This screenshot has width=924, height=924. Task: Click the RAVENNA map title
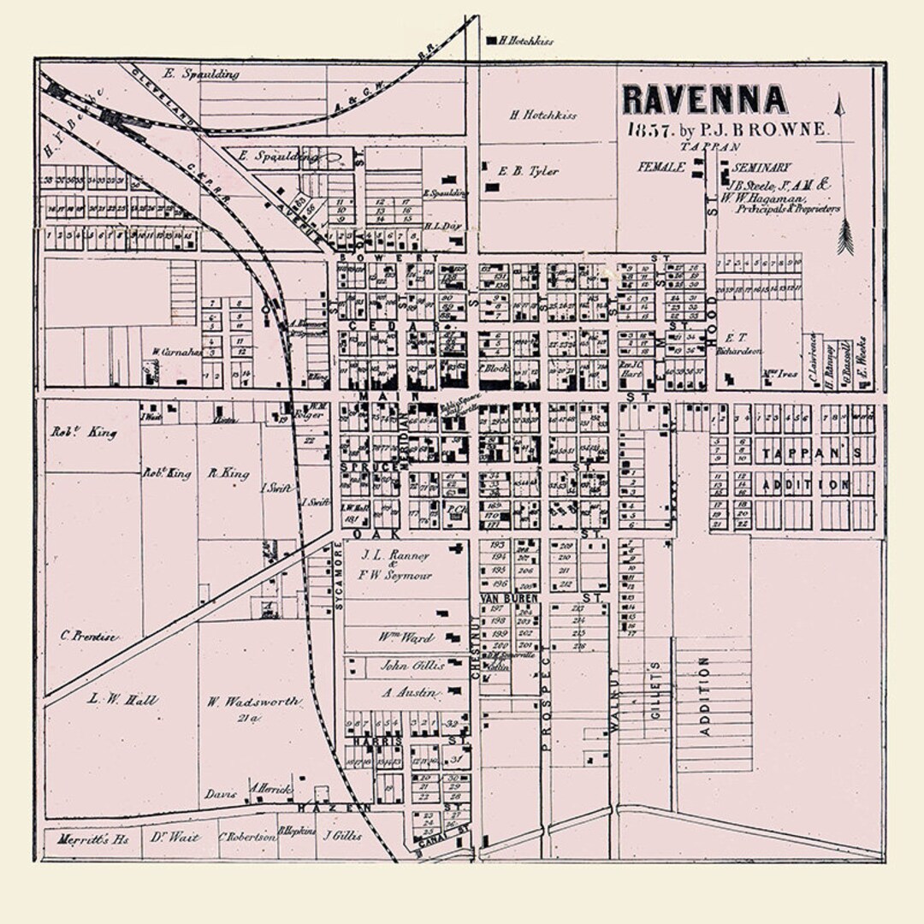pyautogui.click(x=703, y=100)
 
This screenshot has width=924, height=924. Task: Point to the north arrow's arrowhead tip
pyautogui.click(x=839, y=100)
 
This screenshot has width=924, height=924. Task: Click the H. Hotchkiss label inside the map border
pyautogui.click(x=543, y=115)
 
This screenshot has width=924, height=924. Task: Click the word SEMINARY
pyautogui.click(x=761, y=168)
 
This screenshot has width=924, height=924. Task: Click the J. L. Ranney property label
pyautogui.click(x=394, y=554)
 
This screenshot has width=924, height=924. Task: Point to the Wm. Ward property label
pyautogui.click(x=406, y=637)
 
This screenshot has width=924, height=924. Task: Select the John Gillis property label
pyautogui.click(x=412, y=665)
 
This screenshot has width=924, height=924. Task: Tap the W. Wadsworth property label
pyautogui.click(x=253, y=702)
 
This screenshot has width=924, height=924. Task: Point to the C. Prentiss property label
pyautogui.click(x=89, y=636)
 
